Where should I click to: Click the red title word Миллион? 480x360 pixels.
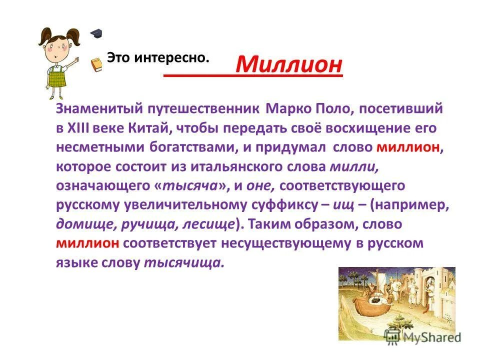(x=289, y=63)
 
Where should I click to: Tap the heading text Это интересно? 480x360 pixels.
(x=157, y=58)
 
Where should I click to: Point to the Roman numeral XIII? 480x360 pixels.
(x=78, y=127)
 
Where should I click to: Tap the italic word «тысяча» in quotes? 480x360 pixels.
(x=191, y=185)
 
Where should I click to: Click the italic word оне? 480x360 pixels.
(x=261, y=185)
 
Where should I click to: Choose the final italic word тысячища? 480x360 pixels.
(x=184, y=262)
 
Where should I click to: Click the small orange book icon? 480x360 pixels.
(x=96, y=63)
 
